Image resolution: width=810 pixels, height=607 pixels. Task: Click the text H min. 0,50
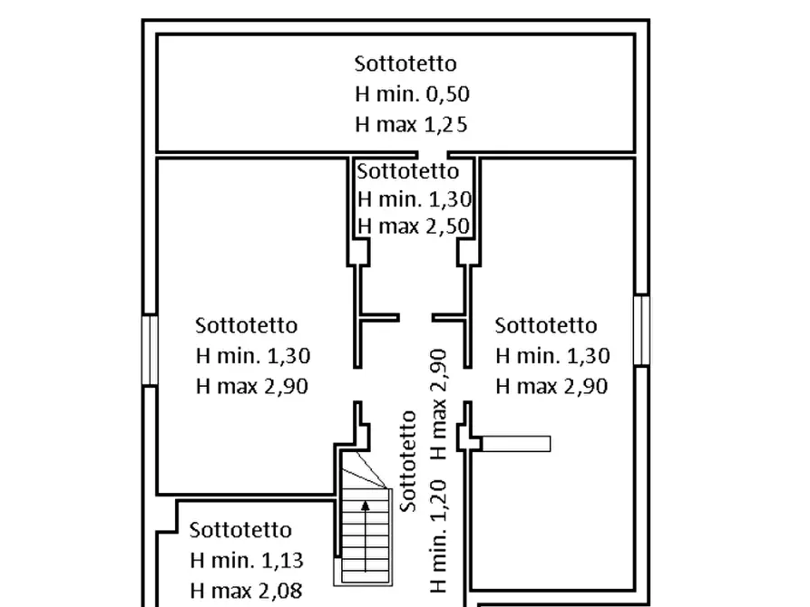[x=412, y=94]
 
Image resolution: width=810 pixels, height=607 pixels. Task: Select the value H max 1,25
[x=411, y=124]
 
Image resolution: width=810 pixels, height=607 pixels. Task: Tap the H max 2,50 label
[x=415, y=226]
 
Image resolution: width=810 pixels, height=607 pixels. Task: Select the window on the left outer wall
[x=150, y=350]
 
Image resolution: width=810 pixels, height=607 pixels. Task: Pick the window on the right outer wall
[x=641, y=330]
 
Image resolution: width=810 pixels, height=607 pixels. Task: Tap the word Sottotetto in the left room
[x=246, y=325]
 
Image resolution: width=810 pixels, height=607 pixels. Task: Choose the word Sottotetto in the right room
[x=546, y=325]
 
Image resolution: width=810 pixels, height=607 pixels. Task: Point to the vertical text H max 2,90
[x=439, y=402]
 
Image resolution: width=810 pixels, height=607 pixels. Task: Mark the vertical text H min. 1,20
[x=439, y=537]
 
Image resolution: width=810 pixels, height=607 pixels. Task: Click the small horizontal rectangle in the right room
[x=516, y=443]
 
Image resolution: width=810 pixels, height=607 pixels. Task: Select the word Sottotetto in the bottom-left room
[x=240, y=530]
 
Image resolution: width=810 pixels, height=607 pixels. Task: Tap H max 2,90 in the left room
[x=252, y=386]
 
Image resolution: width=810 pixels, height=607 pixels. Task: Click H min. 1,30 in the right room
[x=552, y=356]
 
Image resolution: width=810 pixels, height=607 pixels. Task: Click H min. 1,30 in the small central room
[x=415, y=198]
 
